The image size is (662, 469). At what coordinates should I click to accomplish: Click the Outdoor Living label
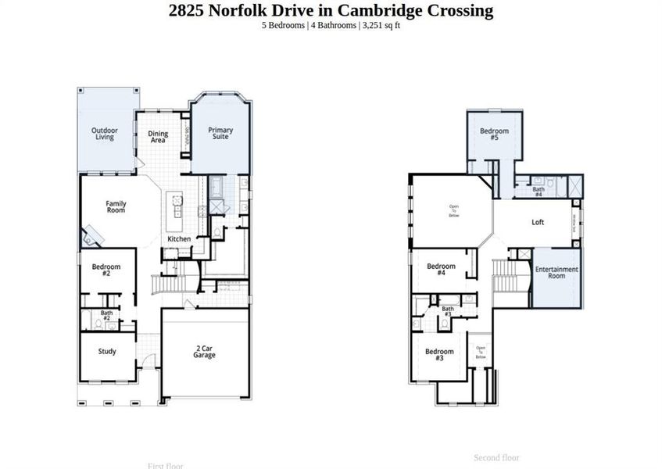(105, 134)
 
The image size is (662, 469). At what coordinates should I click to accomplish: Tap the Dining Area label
(159, 137)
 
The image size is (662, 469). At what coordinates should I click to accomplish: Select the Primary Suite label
(220, 134)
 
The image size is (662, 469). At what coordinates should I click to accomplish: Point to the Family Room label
(116, 207)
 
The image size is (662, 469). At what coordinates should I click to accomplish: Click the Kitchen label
(179, 238)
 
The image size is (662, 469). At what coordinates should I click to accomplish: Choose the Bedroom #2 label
(106, 270)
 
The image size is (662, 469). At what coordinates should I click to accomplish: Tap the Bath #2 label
(106, 316)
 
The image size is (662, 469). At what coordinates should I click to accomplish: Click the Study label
(107, 352)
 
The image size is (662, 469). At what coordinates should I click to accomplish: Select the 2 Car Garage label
(205, 352)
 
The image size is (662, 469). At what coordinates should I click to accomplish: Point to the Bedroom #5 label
(494, 134)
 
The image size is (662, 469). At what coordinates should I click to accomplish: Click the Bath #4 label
(539, 192)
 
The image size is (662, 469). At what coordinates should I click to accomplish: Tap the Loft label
(538, 223)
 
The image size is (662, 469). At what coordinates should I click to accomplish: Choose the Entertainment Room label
(556, 273)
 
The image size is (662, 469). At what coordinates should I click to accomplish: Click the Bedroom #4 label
(441, 270)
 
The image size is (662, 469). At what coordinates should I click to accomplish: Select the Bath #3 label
(448, 311)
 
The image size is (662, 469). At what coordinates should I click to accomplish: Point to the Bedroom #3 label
(439, 355)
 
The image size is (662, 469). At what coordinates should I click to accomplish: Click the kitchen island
(178, 205)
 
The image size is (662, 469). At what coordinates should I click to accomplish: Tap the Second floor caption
(496, 458)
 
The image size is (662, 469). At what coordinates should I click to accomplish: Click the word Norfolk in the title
(238, 10)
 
